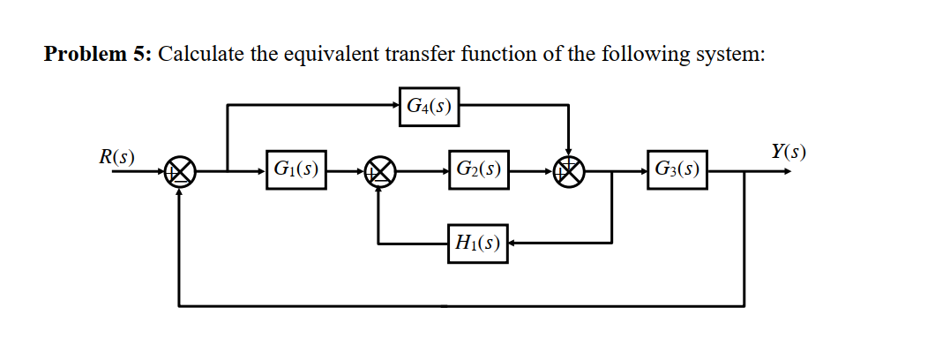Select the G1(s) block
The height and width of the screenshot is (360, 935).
[295, 169]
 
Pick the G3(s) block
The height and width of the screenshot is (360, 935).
[677, 169]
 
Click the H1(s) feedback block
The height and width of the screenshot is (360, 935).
[477, 242]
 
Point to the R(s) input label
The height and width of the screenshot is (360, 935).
[117, 158]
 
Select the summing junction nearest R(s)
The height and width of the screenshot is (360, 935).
[181, 172]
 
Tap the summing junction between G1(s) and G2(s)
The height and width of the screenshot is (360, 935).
[380, 172]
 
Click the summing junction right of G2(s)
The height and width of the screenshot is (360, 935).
[569, 172]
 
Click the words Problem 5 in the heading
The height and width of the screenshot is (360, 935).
[98, 55]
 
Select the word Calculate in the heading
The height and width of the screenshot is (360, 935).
[201, 55]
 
